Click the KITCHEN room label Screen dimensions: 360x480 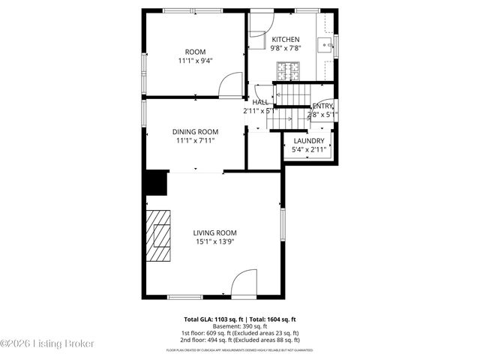[x=285, y=39]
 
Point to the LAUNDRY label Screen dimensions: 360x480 [x=308, y=141]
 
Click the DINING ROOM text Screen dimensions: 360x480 [x=195, y=131]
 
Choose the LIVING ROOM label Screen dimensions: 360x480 [x=214, y=232]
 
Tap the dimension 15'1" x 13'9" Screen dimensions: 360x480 [x=214, y=241]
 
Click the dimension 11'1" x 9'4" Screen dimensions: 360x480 [x=195, y=61]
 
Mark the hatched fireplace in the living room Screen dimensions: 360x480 [x=158, y=237]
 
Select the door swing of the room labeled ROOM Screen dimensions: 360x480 [x=231, y=85]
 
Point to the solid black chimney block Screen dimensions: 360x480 [x=156, y=183]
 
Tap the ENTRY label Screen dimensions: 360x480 [x=323, y=106]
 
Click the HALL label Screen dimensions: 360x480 [x=260, y=102]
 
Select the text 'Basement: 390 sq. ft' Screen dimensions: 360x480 [x=239, y=326]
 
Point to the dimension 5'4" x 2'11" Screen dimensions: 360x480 [x=308, y=150]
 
